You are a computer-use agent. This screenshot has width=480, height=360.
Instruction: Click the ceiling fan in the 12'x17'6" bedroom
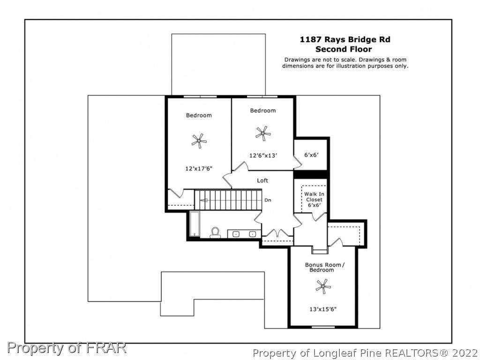coord(199,141)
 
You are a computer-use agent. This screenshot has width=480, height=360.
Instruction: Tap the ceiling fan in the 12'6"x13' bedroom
coord(263,134)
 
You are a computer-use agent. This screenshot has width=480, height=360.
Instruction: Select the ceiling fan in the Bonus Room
coord(323,286)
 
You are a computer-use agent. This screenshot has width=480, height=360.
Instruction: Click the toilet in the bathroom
coord(215,232)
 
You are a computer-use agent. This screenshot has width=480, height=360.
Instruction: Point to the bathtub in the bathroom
coord(194,224)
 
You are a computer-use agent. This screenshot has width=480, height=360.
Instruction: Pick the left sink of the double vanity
coord(236,234)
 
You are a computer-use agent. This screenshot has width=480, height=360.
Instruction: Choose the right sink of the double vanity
coord(252,234)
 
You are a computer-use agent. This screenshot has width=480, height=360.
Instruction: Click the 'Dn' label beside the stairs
coord(268,200)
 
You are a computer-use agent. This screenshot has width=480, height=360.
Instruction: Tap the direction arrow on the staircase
coord(204,201)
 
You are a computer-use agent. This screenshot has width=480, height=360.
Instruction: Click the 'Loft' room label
coord(262,180)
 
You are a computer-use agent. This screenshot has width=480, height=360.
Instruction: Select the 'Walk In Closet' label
coord(314,197)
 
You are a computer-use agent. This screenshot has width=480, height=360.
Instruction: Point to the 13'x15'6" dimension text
coord(323,309)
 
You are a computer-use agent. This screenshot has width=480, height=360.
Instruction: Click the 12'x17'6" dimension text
coord(199,168)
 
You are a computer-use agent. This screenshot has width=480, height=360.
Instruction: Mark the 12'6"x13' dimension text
coord(263,156)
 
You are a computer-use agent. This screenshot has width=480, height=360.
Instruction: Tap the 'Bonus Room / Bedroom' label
coord(324,267)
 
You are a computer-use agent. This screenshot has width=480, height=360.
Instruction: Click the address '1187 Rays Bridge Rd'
coord(345,39)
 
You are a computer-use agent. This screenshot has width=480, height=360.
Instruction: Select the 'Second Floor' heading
coord(344,49)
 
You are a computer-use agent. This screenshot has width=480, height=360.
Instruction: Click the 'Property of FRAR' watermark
coord(67,348)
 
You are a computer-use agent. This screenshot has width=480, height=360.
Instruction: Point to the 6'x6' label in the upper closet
coord(311,155)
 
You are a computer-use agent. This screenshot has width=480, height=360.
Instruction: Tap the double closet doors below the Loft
coord(277,233)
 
